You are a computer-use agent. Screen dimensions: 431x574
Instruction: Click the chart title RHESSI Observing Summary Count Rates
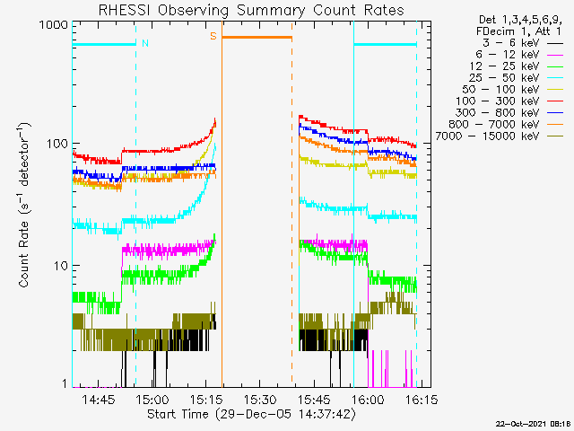pos(251,11)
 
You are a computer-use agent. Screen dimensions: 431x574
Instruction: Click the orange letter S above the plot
pos(213,36)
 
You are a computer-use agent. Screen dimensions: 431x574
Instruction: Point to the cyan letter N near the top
pos(145,42)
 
